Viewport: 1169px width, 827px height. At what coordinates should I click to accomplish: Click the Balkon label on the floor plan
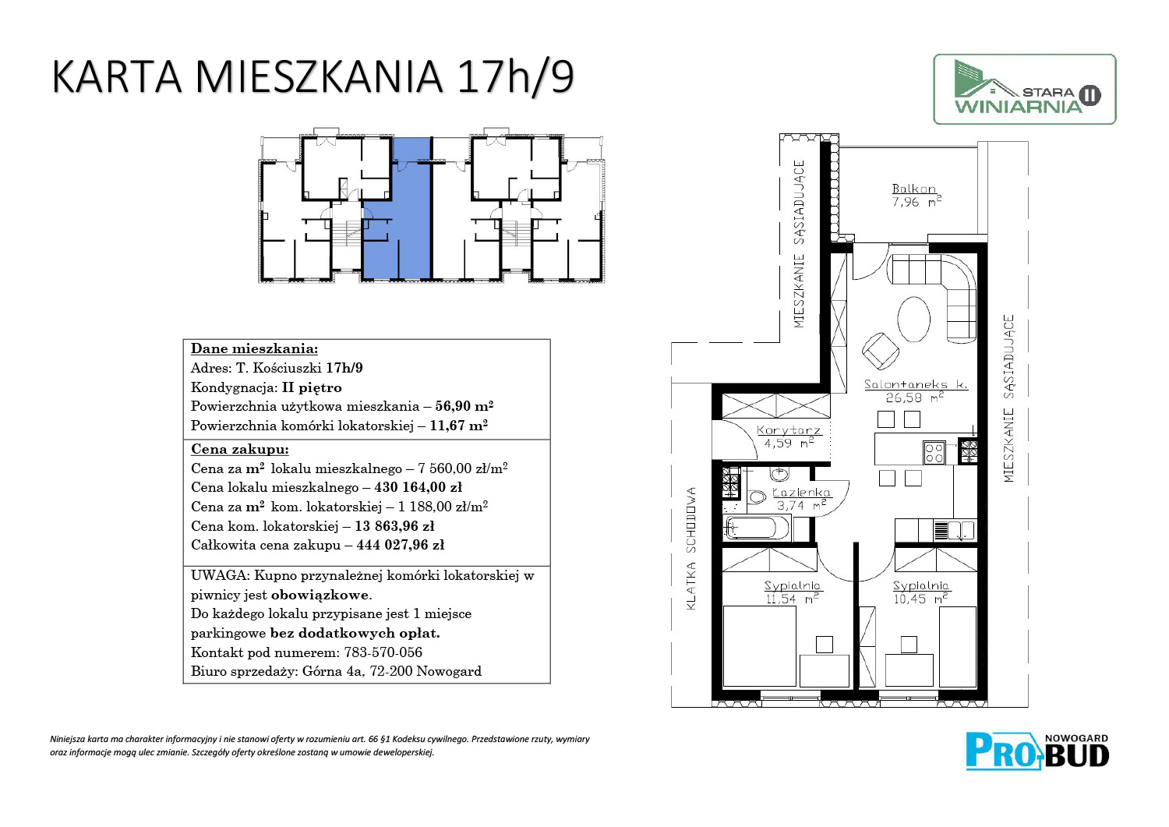tap(914, 189)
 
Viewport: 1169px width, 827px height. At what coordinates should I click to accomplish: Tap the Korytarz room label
tap(789, 430)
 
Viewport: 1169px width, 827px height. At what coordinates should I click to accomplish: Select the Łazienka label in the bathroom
tap(801, 493)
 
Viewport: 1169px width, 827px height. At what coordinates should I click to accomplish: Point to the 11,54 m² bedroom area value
tap(793, 599)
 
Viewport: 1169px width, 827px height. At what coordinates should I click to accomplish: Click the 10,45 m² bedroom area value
tap(920, 599)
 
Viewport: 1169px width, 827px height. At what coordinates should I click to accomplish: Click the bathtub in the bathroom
tap(758, 528)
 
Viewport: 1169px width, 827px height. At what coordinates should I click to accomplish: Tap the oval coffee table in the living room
tap(914, 319)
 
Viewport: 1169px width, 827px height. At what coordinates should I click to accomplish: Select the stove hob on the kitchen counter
tap(934, 453)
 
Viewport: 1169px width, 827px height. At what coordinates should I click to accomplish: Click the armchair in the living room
tap(880, 351)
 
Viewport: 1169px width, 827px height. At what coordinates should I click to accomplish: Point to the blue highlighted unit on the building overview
tap(397, 209)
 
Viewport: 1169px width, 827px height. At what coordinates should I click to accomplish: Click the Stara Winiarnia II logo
tap(1025, 90)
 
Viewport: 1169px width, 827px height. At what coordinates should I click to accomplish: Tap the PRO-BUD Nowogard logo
tap(1037, 752)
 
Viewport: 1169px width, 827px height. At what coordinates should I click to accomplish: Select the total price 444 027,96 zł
tap(401, 545)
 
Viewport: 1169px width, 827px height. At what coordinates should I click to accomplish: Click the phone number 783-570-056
tap(383, 652)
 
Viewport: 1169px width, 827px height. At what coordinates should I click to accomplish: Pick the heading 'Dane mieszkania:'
tap(254, 348)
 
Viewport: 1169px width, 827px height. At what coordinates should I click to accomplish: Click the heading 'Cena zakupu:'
tap(239, 449)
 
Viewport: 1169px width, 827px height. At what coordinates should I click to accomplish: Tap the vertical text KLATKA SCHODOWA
tap(691, 549)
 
